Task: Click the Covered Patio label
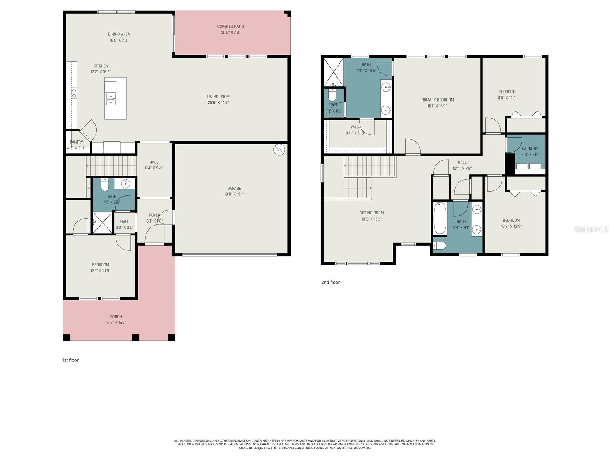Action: pos(230,26)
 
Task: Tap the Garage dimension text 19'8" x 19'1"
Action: pos(234,194)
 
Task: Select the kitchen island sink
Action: pos(111,99)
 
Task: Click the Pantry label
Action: pos(76,142)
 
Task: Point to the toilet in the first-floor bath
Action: pos(105,185)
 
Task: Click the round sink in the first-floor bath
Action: pos(125,184)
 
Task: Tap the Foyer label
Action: pos(154,215)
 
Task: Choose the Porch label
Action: pos(116,316)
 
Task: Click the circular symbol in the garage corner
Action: pos(279,150)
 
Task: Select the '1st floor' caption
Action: pos(71,360)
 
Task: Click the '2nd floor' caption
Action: pos(330,282)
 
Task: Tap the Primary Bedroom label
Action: pos(437,100)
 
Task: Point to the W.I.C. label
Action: pos(355,127)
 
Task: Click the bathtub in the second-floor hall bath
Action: pos(440,218)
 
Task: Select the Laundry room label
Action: pos(530,148)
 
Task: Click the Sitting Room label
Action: pos(371,213)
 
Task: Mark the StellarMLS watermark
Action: pos(591,229)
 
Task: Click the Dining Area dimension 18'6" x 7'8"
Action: pos(119,40)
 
